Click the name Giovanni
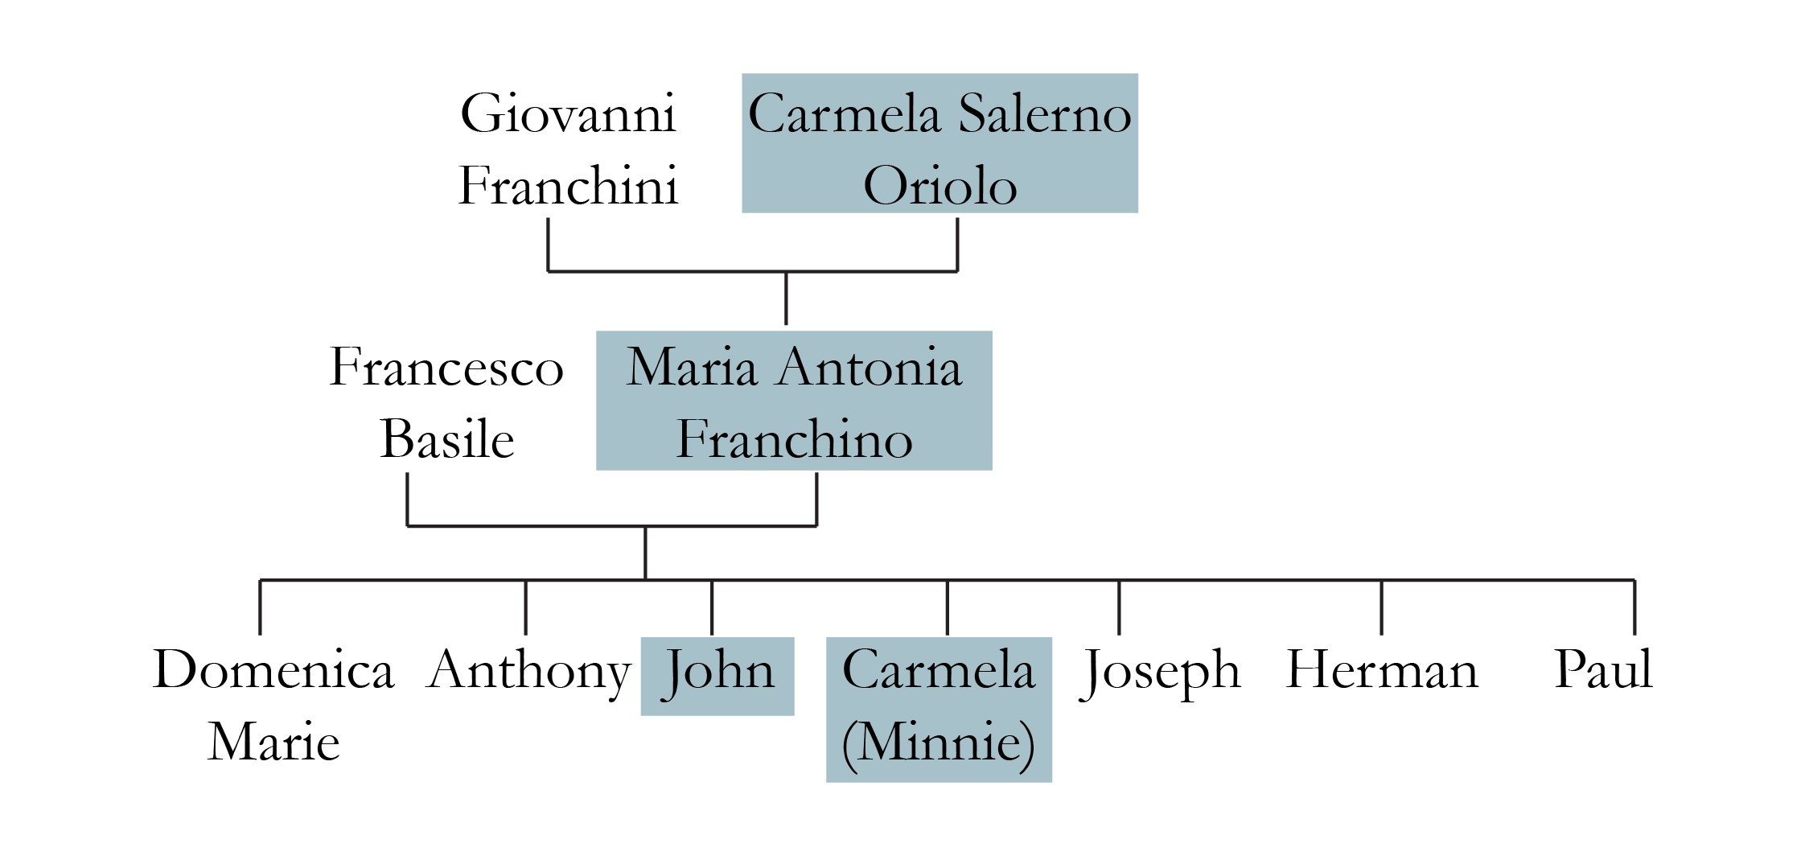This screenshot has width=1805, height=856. point(568,113)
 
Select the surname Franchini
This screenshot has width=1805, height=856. point(568,186)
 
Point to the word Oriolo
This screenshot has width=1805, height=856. point(940,186)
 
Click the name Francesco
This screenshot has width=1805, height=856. point(446,368)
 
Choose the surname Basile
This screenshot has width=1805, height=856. point(446,439)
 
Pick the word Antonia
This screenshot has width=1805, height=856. point(870,368)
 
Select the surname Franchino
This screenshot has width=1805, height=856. point(794,439)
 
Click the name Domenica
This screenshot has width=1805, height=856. point(273,669)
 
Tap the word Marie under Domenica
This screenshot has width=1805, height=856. point(273,741)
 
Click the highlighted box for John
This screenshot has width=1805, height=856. point(717,676)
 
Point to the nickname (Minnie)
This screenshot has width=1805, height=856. point(939,742)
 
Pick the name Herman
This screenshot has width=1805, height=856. point(1381,669)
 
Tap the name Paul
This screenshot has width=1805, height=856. point(1603,669)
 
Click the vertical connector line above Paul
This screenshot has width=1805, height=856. point(1634,607)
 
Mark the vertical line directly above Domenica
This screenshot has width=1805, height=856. point(260,607)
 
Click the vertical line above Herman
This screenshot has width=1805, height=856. point(1381,607)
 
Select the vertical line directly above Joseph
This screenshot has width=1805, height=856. point(1119,607)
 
